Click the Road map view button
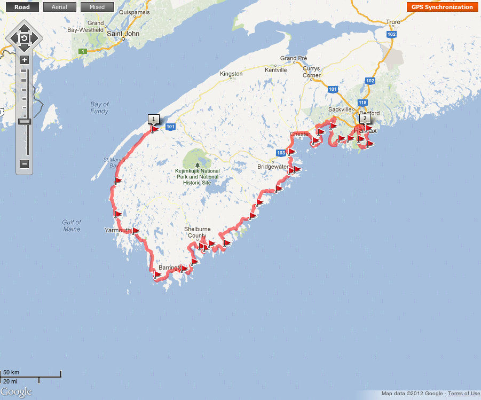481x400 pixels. click(x=22, y=7)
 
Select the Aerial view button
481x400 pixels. click(x=59, y=7)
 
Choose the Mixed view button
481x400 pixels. click(x=97, y=7)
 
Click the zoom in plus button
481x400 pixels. click(x=25, y=60)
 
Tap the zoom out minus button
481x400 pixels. click(x=25, y=164)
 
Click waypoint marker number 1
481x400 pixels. click(x=153, y=119)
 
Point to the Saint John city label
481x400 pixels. click(x=123, y=33)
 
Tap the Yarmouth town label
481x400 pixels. click(x=117, y=230)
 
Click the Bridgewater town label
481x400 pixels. click(x=273, y=167)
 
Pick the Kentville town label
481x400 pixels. click(x=275, y=70)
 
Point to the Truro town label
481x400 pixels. click(x=393, y=22)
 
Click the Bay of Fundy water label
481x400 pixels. click(x=99, y=108)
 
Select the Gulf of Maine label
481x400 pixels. click(x=71, y=225)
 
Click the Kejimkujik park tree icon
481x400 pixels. click(x=198, y=165)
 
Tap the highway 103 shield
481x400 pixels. click(x=281, y=153)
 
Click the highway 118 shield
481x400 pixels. click(x=363, y=103)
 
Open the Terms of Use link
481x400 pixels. click(x=463, y=394)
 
